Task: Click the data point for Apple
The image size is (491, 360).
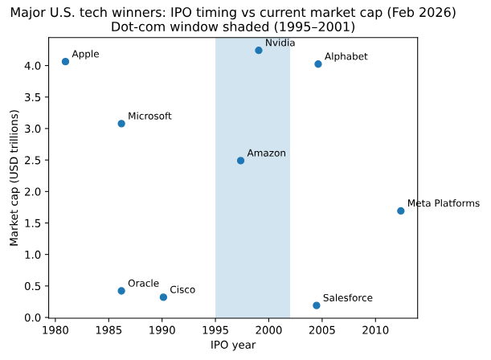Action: click(65, 62)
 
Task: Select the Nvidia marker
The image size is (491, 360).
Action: click(259, 51)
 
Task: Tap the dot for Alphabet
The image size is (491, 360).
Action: click(318, 64)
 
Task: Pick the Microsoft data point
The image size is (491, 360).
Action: click(121, 124)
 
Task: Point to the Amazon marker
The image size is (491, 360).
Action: click(240, 161)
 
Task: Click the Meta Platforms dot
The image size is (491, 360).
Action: click(401, 211)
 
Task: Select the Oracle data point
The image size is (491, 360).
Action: click(121, 291)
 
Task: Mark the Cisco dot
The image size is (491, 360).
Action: click(163, 297)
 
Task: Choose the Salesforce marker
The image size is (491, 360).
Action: click(317, 305)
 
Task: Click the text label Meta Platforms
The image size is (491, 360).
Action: click(444, 204)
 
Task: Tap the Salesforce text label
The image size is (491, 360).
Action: click(348, 298)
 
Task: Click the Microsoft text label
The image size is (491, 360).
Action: click(150, 117)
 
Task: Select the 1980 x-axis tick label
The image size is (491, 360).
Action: click(55, 329)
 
